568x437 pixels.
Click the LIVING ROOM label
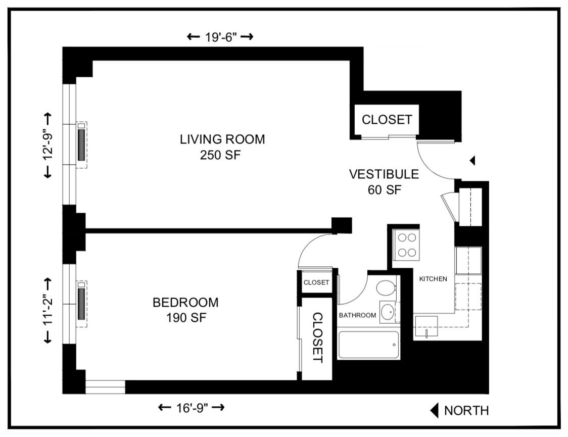click(x=222, y=139)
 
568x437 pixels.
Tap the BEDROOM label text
click(x=185, y=303)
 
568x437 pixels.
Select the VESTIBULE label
click(x=384, y=174)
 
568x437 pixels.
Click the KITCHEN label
click(x=433, y=279)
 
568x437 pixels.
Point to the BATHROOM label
click(x=357, y=315)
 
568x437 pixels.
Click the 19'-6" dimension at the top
click(x=220, y=37)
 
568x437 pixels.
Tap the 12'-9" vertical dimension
click(x=48, y=145)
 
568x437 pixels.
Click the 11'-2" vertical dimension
click(x=48, y=310)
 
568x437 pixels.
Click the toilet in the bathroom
click(x=387, y=289)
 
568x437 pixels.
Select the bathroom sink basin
click(x=388, y=312)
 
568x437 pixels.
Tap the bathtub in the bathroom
click(x=368, y=345)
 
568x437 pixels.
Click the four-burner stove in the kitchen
click(x=406, y=245)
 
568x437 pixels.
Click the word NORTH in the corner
click(x=466, y=411)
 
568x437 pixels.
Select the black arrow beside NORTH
click(x=434, y=411)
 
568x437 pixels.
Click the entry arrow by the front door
click(x=472, y=161)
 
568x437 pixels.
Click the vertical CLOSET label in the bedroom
click(x=317, y=337)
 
